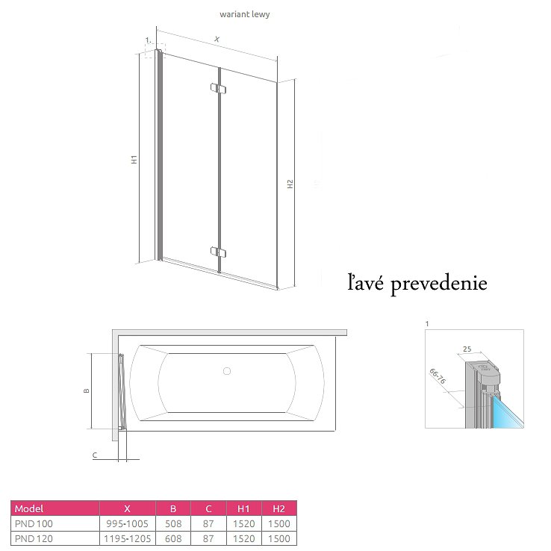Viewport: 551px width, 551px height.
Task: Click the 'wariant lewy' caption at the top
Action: click(x=245, y=14)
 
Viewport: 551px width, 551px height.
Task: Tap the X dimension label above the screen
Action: click(x=217, y=39)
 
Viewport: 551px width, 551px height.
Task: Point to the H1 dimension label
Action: click(x=134, y=159)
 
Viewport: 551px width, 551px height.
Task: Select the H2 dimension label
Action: click(x=290, y=184)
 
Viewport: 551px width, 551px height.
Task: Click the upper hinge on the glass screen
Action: click(x=218, y=88)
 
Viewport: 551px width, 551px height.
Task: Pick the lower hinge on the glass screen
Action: click(x=218, y=252)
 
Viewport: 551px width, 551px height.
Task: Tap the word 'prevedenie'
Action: click(x=439, y=284)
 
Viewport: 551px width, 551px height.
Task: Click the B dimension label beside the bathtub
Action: click(x=87, y=390)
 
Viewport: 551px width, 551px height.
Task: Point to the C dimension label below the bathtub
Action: click(x=95, y=455)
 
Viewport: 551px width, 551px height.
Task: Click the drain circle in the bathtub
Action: click(x=227, y=371)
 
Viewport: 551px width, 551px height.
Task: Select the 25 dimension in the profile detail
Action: click(x=467, y=349)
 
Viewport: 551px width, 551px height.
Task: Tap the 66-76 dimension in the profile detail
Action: click(x=438, y=376)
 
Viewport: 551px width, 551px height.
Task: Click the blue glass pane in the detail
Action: click(x=507, y=412)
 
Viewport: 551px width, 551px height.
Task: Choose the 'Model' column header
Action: click(x=29, y=508)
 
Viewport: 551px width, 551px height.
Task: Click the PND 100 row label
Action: click(x=34, y=523)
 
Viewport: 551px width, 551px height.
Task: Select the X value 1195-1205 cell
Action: click(x=127, y=538)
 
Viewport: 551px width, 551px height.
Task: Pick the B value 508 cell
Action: click(x=173, y=523)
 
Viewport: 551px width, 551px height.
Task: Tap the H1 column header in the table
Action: click(x=243, y=508)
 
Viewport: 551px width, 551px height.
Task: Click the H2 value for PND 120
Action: click(x=279, y=538)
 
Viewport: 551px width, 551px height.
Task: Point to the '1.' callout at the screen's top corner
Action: click(x=149, y=40)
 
